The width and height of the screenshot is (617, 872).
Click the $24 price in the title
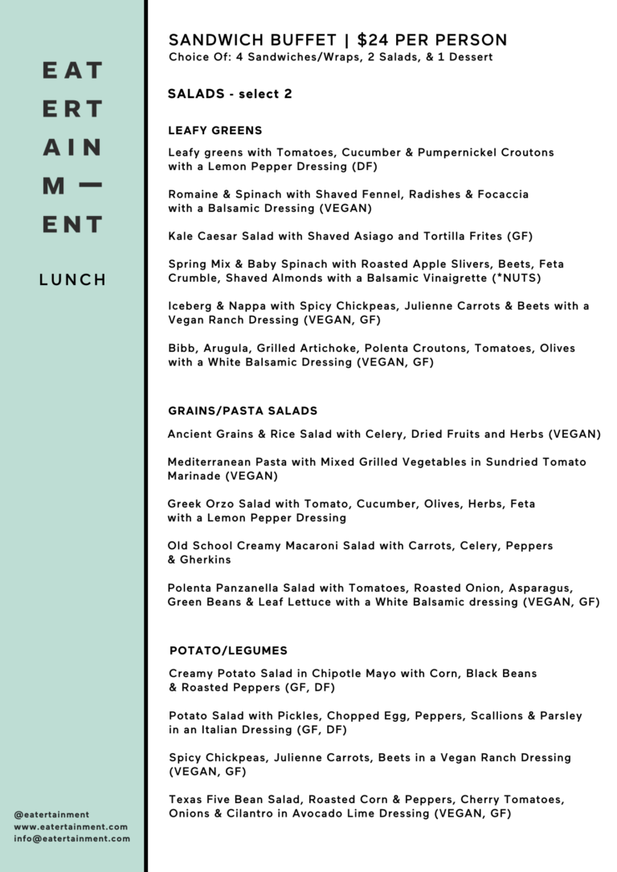click(375, 40)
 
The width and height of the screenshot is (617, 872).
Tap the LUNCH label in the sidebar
click(73, 279)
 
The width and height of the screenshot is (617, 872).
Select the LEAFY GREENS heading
click(215, 131)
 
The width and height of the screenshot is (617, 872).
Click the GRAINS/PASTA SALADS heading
click(243, 411)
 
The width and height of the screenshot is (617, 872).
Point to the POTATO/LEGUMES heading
click(228, 650)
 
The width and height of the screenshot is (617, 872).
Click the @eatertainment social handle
click(51, 814)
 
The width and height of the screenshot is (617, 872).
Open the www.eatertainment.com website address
click(71, 826)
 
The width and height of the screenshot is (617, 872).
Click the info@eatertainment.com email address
click(72, 838)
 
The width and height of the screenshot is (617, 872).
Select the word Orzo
click(222, 504)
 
